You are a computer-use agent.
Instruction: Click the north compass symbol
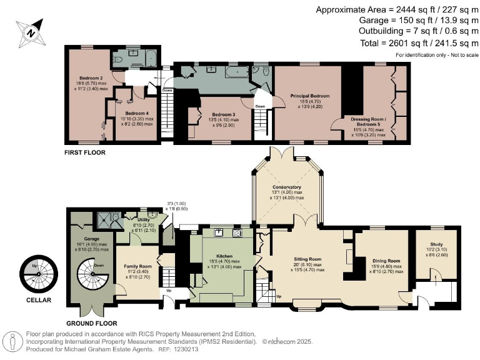pos(31,31)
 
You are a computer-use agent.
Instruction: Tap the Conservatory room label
pos(287,187)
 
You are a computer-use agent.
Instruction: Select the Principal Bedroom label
pos(309,96)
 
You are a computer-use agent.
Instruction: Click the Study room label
pos(437,244)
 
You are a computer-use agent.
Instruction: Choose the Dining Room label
pos(385,261)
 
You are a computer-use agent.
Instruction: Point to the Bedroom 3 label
pos(223,114)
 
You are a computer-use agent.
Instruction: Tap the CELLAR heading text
pos(37,300)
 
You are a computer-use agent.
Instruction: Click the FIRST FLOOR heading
pos(84,152)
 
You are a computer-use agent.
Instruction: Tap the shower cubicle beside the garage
pos(107,220)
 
